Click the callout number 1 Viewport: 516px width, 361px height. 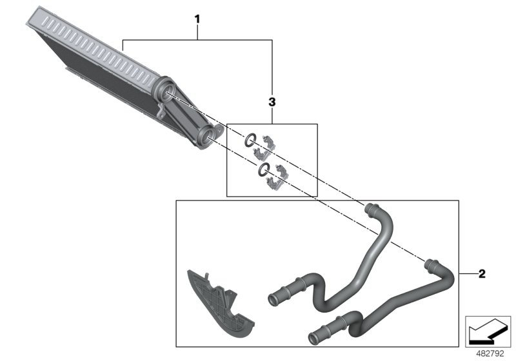198,19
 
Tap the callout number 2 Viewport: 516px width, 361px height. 482,273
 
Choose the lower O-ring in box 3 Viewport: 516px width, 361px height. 262,170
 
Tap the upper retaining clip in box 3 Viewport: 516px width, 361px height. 267,144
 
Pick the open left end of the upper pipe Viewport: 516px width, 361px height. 273,298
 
